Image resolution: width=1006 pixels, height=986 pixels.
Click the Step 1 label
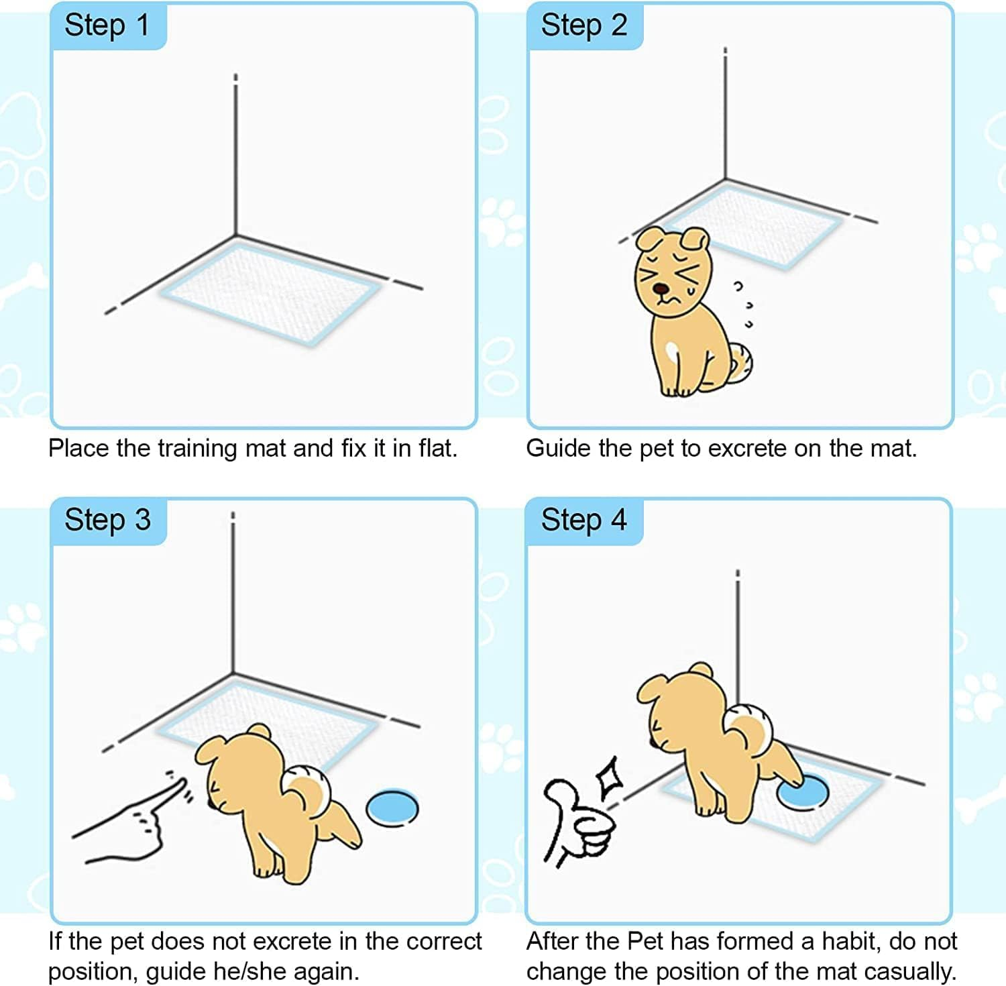pos(107,26)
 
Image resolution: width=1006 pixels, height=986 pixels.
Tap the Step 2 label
pos(583,26)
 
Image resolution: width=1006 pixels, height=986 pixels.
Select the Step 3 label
pos(107,521)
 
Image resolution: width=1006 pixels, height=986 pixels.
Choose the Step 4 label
pos(583,521)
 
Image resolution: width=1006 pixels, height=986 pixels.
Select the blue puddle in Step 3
pos(392,807)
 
